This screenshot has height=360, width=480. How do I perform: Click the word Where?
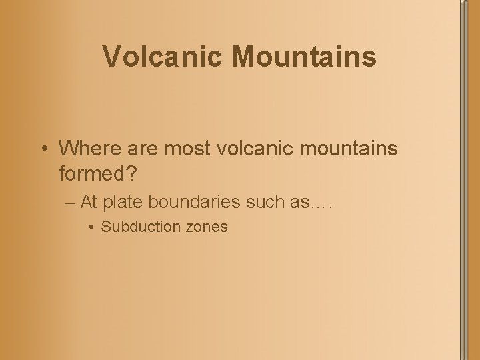(88, 148)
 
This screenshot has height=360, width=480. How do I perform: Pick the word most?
(181, 148)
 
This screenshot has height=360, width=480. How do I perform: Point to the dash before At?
(71, 201)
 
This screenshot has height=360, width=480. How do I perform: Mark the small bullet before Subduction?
(92, 227)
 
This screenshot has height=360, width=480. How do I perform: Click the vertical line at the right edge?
(461, 180)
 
